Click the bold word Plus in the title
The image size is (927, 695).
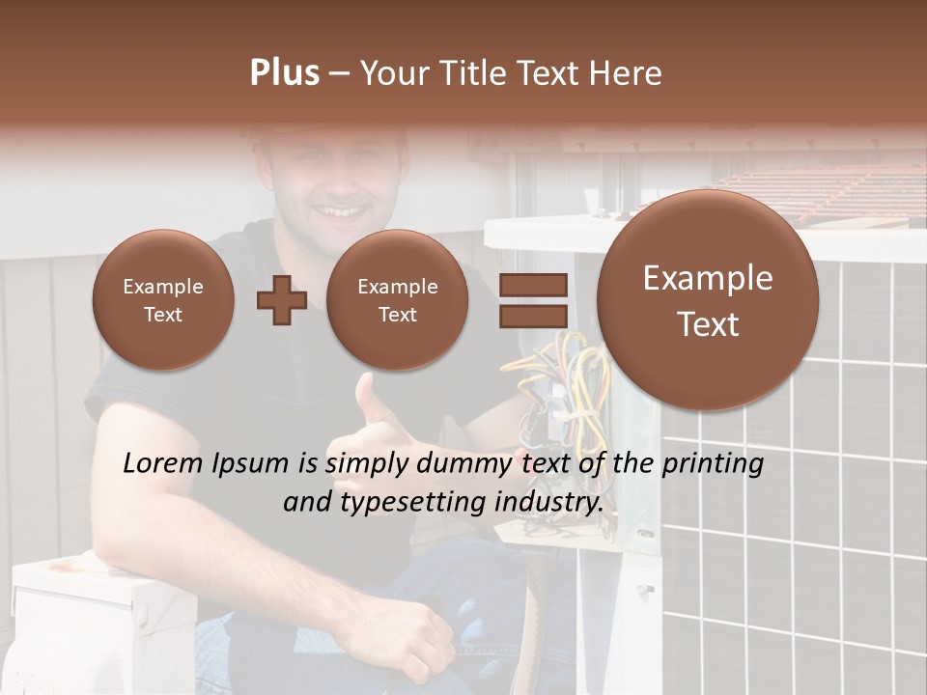pos(284,73)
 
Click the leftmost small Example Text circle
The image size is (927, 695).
pos(163,300)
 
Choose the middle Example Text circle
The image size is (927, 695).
pos(397,300)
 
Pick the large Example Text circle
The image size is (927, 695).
pos(708,300)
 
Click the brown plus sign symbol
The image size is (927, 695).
pos(281,300)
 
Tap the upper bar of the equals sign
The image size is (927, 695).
pos(533,285)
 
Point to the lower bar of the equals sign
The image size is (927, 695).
pos(533,316)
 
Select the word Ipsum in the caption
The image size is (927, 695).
pos(254,464)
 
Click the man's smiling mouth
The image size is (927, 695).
pos(338,209)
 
